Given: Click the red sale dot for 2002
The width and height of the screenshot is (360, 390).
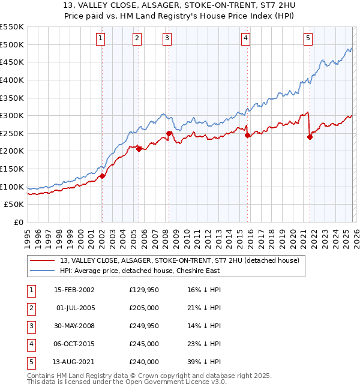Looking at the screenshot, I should [x=102, y=176].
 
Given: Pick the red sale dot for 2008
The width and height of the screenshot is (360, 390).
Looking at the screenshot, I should [x=169, y=133].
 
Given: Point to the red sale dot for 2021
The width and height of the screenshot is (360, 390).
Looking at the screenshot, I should [x=310, y=137].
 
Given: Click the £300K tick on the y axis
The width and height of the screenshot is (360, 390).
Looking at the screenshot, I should [x=12, y=115].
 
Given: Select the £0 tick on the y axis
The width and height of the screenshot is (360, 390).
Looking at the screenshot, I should [x=19, y=222].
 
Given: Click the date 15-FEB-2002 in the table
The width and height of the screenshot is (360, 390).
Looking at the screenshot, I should [x=74, y=290].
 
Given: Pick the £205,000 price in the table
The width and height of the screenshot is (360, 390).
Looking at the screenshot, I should [x=144, y=308].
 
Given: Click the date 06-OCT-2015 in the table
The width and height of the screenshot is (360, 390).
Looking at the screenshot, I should [x=74, y=344].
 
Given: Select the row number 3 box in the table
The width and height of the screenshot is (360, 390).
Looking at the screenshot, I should [x=30, y=326].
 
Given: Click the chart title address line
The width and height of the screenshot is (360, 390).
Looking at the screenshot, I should [x=179, y=6].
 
